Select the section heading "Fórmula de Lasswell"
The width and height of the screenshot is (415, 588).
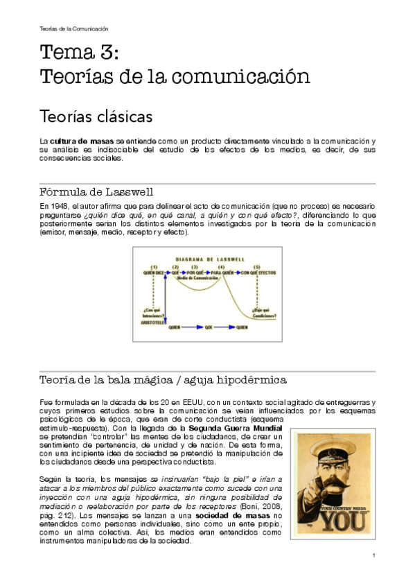tap(96, 191)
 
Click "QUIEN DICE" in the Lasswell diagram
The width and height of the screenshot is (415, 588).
tap(154, 273)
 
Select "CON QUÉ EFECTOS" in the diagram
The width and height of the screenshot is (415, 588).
tap(259, 273)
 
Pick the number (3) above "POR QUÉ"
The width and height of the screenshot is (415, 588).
tap(195, 266)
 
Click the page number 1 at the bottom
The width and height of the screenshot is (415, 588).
tap(373, 555)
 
